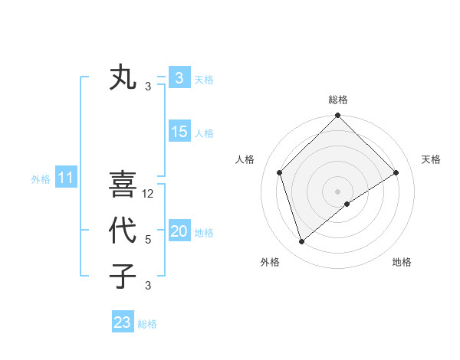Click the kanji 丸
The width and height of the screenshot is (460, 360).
pos(123,78)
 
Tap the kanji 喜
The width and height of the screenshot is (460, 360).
pos(123,185)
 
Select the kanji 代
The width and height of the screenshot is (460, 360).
pos(123,230)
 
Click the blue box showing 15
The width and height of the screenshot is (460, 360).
pos(179,132)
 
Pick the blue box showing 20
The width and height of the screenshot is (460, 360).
pos(179,231)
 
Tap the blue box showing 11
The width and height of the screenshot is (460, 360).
pos(65,178)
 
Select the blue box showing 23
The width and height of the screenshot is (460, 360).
pos(123,322)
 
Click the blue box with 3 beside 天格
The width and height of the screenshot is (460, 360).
pos(179,78)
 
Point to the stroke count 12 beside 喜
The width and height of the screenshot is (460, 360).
pos(149,194)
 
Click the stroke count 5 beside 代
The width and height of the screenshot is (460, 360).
pos(148,240)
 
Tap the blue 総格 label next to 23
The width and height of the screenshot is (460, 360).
pos(147,324)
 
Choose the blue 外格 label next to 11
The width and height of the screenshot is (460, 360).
pos(41,179)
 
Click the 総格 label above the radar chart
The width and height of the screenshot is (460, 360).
pos(337,100)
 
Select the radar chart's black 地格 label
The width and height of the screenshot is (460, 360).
pos(402,262)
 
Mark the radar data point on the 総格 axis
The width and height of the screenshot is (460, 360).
pos(337,116)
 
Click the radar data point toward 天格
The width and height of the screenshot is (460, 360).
pos(396,172)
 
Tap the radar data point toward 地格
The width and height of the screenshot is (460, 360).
pos(347,204)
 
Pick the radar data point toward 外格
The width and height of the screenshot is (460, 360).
pos(301,242)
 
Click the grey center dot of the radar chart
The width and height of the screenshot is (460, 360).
pos(337,191)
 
